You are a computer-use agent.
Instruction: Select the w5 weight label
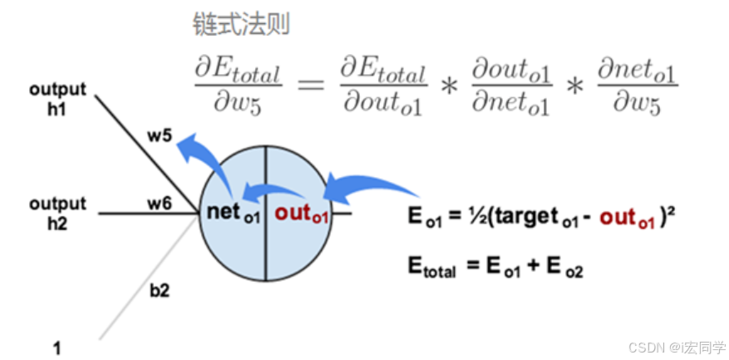pyautogui.click(x=161, y=135)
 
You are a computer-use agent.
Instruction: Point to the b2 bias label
pyautogui.click(x=160, y=290)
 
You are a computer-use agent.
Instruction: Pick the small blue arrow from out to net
pyautogui.click(x=267, y=193)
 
